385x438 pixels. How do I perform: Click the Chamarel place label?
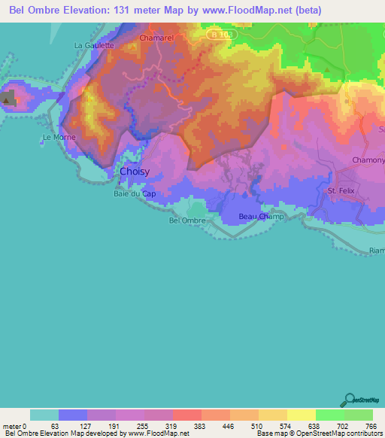157,37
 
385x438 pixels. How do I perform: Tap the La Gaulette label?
94,45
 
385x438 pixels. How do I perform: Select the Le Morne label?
57,138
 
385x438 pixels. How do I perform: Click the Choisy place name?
135,172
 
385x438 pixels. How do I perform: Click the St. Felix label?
341,191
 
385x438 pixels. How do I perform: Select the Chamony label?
368,160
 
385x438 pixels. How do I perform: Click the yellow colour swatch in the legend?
302,415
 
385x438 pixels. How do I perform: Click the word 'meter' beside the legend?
13,426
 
